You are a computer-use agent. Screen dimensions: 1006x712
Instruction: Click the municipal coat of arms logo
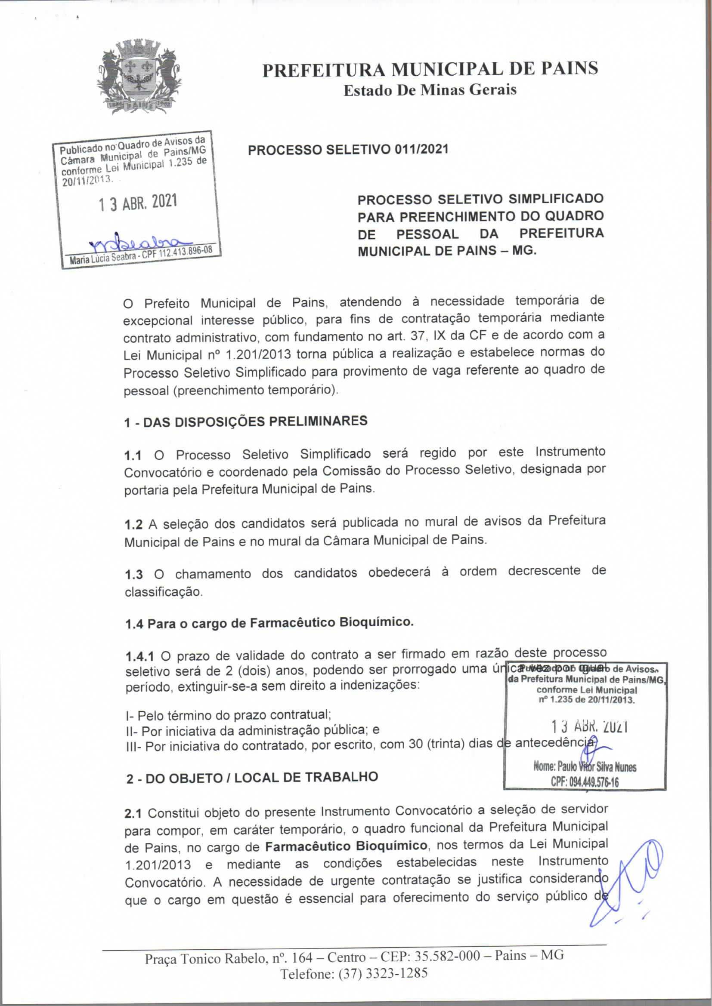[139, 76]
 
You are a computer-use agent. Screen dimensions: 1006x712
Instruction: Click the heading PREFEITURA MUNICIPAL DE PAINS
[430, 69]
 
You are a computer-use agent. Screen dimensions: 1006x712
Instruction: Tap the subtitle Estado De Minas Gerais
[430, 90]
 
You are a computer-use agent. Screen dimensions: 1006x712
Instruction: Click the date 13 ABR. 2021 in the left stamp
[138, 203]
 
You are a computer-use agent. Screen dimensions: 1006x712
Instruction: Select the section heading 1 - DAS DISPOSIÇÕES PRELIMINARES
[245, 421]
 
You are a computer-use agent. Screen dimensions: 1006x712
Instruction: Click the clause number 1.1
[133, 455]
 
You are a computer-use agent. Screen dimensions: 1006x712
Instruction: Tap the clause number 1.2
[133, 524]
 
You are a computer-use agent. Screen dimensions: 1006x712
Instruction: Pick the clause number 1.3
[133, 575]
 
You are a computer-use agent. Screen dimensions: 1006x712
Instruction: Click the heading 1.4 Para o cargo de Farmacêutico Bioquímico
[269, 623]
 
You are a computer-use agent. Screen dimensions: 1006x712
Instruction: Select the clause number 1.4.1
[139, 657]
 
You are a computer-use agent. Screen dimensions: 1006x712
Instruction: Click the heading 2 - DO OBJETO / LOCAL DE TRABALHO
[252, 778]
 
